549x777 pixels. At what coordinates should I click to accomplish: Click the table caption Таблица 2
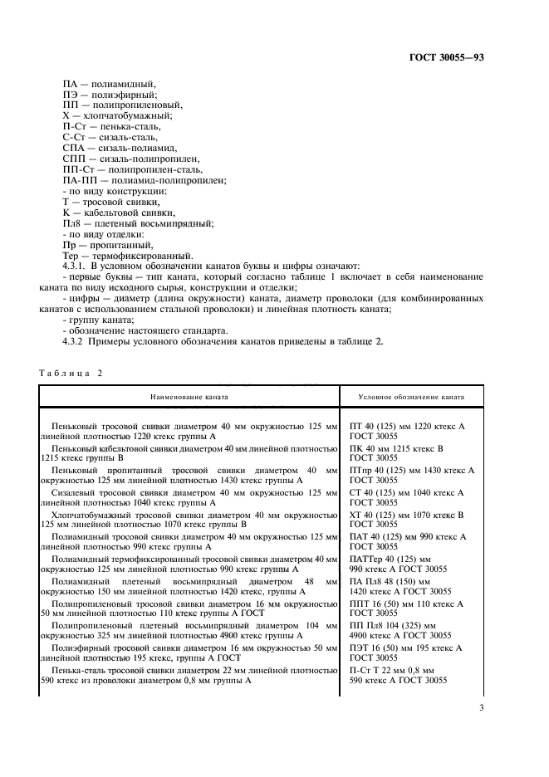point(71,373)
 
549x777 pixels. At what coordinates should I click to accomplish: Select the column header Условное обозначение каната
point(411,398)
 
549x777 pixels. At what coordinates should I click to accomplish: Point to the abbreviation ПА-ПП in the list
point(77,180)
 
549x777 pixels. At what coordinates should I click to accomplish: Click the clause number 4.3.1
point(76,266)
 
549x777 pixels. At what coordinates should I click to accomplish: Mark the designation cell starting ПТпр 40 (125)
point(412,474)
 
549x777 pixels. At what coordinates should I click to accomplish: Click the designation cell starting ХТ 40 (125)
point(407,519)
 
